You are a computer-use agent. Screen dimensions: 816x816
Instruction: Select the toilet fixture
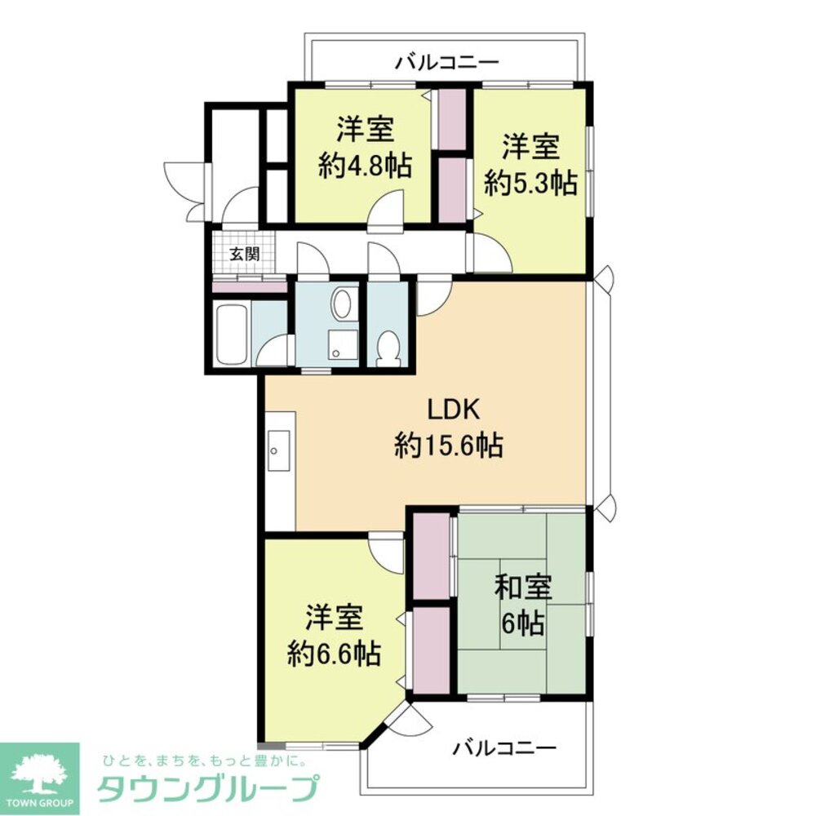coord(387,347)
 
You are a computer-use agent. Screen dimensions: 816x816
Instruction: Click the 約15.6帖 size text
coord(448,446)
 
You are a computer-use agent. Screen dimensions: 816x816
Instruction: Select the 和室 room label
coord(523,588)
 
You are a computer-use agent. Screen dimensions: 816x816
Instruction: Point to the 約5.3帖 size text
coord(530,182)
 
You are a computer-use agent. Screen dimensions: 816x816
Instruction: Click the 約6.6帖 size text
coord(334,652)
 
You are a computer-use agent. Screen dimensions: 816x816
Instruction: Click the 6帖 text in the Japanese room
coord(523,625)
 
